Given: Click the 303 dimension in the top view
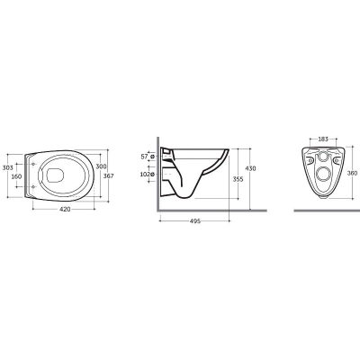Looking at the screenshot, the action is point(8,167).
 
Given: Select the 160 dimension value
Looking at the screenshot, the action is point(16,176).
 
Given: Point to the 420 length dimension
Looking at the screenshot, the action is point(65,209).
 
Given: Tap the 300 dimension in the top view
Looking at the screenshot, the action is point(101,166).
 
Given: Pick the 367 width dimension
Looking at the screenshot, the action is point(109,176).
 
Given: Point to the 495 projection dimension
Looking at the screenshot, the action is point(195,221).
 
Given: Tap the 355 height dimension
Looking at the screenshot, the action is point(238,179).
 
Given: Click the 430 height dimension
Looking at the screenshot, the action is point(251,168).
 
